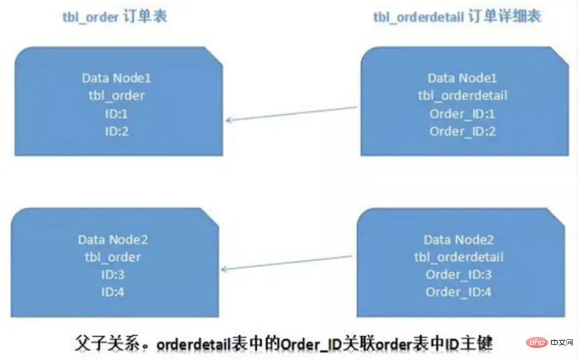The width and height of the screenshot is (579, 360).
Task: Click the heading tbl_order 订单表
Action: click(114, 17)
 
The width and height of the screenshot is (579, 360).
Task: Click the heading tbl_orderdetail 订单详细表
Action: click(457, 17)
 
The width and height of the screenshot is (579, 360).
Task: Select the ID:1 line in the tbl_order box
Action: click(116, 114)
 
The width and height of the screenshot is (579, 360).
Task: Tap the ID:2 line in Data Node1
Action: click(116, 131)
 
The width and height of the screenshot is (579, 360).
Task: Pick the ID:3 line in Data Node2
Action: click(113, 275)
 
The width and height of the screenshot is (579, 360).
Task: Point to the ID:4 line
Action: click(113, 292)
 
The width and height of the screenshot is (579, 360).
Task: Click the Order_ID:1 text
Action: click(462, 114)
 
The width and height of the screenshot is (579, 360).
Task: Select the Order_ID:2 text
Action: click(462, 131)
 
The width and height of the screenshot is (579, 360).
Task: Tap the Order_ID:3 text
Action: click(458, 275)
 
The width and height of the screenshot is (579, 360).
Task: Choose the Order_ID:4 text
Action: click(458, 292)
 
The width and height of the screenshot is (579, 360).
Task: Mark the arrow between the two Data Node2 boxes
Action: click(287, 263)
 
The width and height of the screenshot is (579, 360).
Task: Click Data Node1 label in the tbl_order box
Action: click(116, 78)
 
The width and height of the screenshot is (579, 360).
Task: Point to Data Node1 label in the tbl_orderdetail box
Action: click(462, 78)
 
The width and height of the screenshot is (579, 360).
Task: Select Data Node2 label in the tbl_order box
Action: click(113, 239)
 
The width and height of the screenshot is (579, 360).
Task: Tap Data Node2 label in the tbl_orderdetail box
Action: click(458, 239)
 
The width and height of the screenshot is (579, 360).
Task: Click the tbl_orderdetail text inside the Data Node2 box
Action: click(458, 257)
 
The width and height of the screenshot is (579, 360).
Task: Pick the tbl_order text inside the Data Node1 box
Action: click(116, 96)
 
